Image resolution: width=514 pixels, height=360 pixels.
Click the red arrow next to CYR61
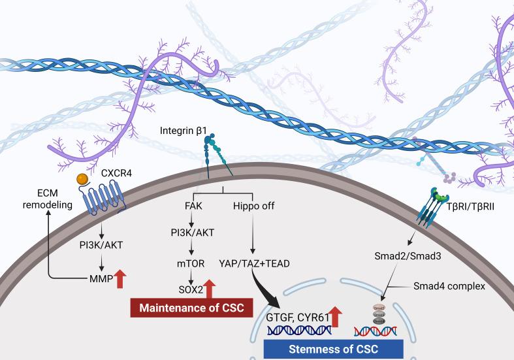[x=336, y=318]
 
